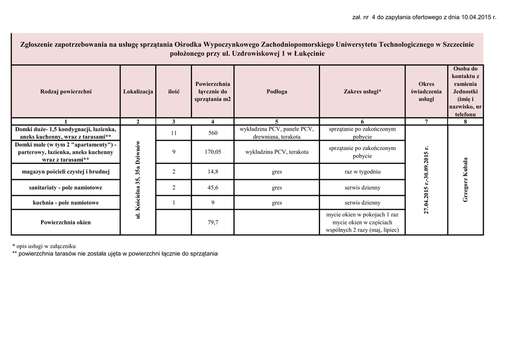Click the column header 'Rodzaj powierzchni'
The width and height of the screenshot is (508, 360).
(x=66, y=92)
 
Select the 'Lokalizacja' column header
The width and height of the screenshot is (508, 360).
(x=138, y=92)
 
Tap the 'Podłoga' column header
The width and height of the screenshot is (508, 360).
(x=277, y=92)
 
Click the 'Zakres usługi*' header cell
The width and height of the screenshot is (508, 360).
(x=362, y=92)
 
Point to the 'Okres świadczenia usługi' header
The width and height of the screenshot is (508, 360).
(x=426, y=92)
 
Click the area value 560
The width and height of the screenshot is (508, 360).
(x=213, y=133)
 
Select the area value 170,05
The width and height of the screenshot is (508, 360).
(x=213, y=152)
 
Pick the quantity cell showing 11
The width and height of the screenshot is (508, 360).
(x=174, y=133)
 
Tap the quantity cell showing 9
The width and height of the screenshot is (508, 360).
(x=174, y=152)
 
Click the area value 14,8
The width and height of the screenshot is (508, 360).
(x=213, y=172)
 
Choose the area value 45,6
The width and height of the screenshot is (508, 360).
(x=213, y=188)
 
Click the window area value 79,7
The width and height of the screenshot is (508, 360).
(x=213, y=222)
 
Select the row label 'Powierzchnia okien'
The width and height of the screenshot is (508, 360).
(x=66, y=222)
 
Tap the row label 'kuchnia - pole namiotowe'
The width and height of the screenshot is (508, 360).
(x=66, y=203)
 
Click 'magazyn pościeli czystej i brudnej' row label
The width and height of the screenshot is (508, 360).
(x=66, y=172)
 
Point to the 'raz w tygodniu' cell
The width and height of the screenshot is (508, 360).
(x=362, y=172)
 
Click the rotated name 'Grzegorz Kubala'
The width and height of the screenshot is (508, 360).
(x=466, y=180)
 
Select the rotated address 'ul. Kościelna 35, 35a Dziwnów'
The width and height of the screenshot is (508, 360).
(x=138, y=180)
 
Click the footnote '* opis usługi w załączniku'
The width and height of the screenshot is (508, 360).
(x=44, y=246)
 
